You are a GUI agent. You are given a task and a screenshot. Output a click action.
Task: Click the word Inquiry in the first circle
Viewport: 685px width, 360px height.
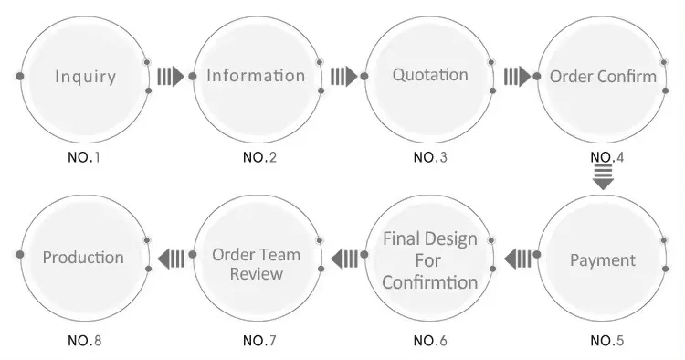coord(86,77)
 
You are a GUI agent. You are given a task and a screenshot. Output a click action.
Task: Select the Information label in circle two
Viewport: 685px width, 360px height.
coord(256,76)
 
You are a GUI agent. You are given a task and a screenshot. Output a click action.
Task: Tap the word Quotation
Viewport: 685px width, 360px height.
coord(430,75)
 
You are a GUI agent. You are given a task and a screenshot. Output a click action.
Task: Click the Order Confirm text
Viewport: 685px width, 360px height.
coord(603,77)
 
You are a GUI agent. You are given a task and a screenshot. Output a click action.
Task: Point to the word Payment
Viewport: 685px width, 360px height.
coord(603,260)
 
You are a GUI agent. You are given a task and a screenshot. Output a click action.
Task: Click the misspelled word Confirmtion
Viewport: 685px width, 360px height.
coord(430,281)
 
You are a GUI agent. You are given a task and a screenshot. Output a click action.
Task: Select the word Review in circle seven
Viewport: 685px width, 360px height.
coord(257,274)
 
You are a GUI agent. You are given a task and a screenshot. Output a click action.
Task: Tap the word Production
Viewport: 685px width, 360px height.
coord(83,258)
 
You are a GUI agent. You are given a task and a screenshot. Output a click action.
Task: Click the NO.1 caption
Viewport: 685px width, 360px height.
coord(84,157)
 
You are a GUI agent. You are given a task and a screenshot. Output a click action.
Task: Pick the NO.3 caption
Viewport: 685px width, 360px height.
coord(430,157)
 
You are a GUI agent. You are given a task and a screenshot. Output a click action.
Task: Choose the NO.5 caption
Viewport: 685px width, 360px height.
coord(607,341)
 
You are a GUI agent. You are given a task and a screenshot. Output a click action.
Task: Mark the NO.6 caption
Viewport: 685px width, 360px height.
coord(430,341)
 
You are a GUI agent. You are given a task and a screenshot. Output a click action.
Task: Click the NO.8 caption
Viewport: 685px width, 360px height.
coord(85,341)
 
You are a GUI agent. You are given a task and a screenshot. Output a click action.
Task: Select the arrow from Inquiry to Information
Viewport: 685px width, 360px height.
coord(171,77)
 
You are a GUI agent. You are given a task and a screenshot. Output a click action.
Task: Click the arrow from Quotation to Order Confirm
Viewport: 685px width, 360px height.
coord(517,77)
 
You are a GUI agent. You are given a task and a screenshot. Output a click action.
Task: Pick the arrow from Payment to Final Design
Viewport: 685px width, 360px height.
coord(518,259)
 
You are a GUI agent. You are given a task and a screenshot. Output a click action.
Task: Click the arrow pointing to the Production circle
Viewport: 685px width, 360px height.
coord(171,259)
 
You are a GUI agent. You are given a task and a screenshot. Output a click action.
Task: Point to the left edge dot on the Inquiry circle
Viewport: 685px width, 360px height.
coord(20,77)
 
